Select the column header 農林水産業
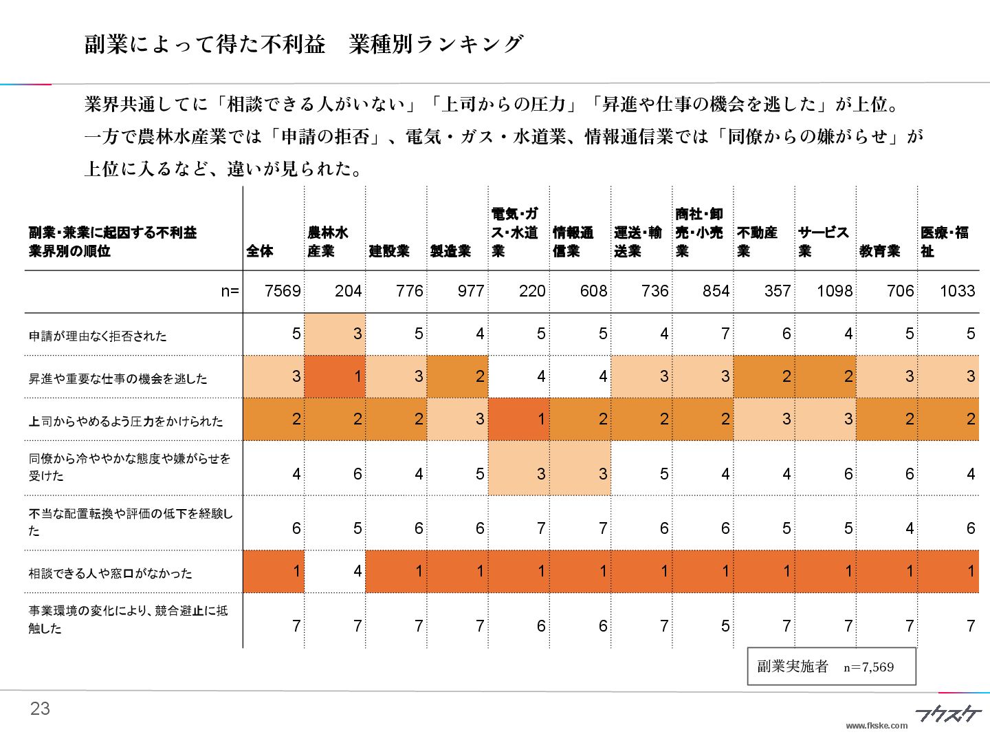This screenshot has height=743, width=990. click(x=328, y=242)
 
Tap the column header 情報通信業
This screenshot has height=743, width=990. click(x=573, y=242)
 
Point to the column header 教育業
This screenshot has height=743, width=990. click(x=879, y=251)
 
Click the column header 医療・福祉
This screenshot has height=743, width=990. click(x=945, y=242)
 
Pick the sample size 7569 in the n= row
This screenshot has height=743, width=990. click(x=283, y=291)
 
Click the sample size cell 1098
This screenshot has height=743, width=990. click(x=834, y=291)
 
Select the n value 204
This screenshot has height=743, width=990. click(x=348, y=291)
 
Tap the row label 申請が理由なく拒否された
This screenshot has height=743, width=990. click(x=98, y=336)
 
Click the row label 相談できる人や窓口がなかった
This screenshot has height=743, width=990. click(x=110, y=573)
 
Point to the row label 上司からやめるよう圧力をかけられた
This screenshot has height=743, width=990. click(x=126, y=421)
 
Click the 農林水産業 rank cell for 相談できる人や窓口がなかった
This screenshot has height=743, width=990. click(x=335, y=570)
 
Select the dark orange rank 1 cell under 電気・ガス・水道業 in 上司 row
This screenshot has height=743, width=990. click(x=519, y=419)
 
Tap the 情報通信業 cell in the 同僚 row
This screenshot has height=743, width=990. click(x=580, y=473)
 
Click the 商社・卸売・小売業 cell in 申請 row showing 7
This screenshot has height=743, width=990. click(x=703, y=334)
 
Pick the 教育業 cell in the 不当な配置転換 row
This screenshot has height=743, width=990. click(x=887, y=528)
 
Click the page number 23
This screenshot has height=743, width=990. click(x=40, y=709)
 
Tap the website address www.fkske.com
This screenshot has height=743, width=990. click(x=877, y=726)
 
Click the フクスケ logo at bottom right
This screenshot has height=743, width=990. click(x=948, y=715)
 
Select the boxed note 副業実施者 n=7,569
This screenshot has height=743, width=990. click(x=831, y=666)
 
